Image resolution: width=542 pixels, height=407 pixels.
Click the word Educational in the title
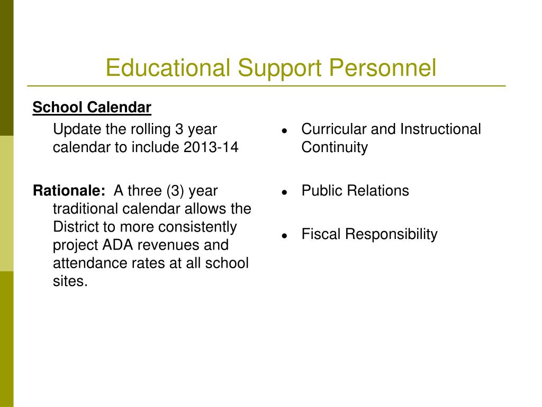[x=168, y=67]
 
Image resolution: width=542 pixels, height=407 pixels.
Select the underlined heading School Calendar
[x=92, y=107]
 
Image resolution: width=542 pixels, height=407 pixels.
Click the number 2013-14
[x=211, y=147]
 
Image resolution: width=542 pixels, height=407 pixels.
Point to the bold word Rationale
[x=69, y=191]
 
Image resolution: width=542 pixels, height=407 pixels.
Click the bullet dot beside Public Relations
[x=284, y=192]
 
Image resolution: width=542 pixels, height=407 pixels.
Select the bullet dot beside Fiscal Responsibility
[x=284, y=236]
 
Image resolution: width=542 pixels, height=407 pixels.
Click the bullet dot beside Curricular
[x=284, y=130]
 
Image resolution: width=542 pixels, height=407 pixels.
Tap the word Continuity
[x=335, y=147]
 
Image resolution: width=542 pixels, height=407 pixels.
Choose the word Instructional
[x=440, y=129]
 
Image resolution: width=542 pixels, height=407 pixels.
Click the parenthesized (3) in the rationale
[x=175, y=191]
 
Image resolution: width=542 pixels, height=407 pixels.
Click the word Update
[x=77, y=130]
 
